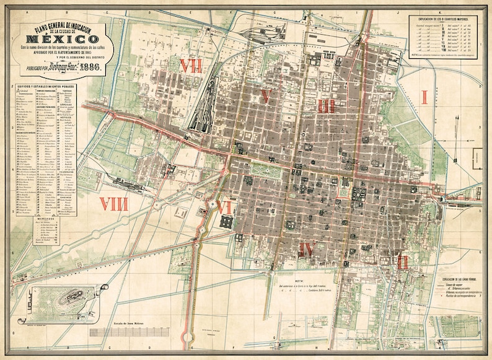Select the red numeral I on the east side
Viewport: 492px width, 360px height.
[x=424, y=97]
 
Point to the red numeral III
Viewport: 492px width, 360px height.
[x=327, y=105]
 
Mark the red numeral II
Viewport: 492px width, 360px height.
[x=403, y=260]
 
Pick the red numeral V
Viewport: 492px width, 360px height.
[x=266, y=96]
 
